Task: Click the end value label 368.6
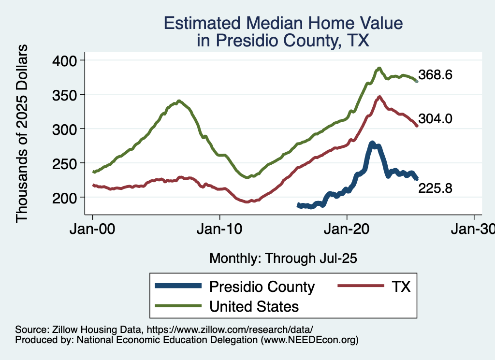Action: point(435,75)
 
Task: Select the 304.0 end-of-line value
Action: point(435,119)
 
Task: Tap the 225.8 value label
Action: point(435,188)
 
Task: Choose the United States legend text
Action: point(254,306)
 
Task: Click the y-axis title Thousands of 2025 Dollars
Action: point(22,133)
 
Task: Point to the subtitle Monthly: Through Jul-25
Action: point(283,259)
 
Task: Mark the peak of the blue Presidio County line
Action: point(372,143)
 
